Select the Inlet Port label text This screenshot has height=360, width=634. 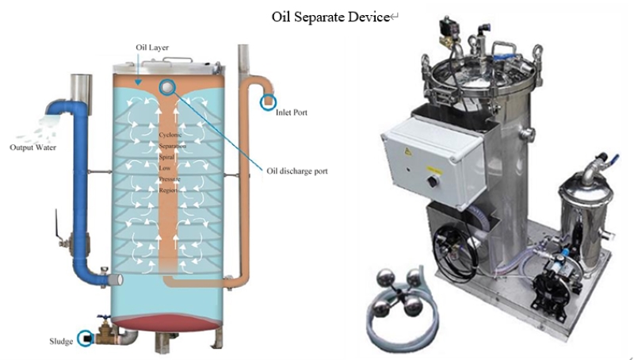point(292,113)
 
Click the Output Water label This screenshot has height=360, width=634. point(32,147)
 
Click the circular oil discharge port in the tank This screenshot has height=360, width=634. point(167,87)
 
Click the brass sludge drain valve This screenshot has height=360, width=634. point(104,334)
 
